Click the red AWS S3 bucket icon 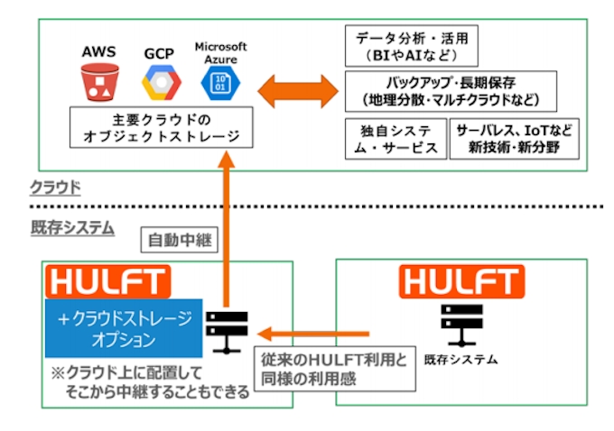pyautogui.click(x=98, y=83)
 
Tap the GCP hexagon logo pyautogui.click(x=160, y=83)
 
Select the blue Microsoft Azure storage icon pyautogui.click(x=217, y=83)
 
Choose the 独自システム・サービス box pyautogui.click(x=395, y=138)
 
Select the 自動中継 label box pyautogui.click(x=178, y=241)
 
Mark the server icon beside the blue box pyautogui.click(x=224, y=331)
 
